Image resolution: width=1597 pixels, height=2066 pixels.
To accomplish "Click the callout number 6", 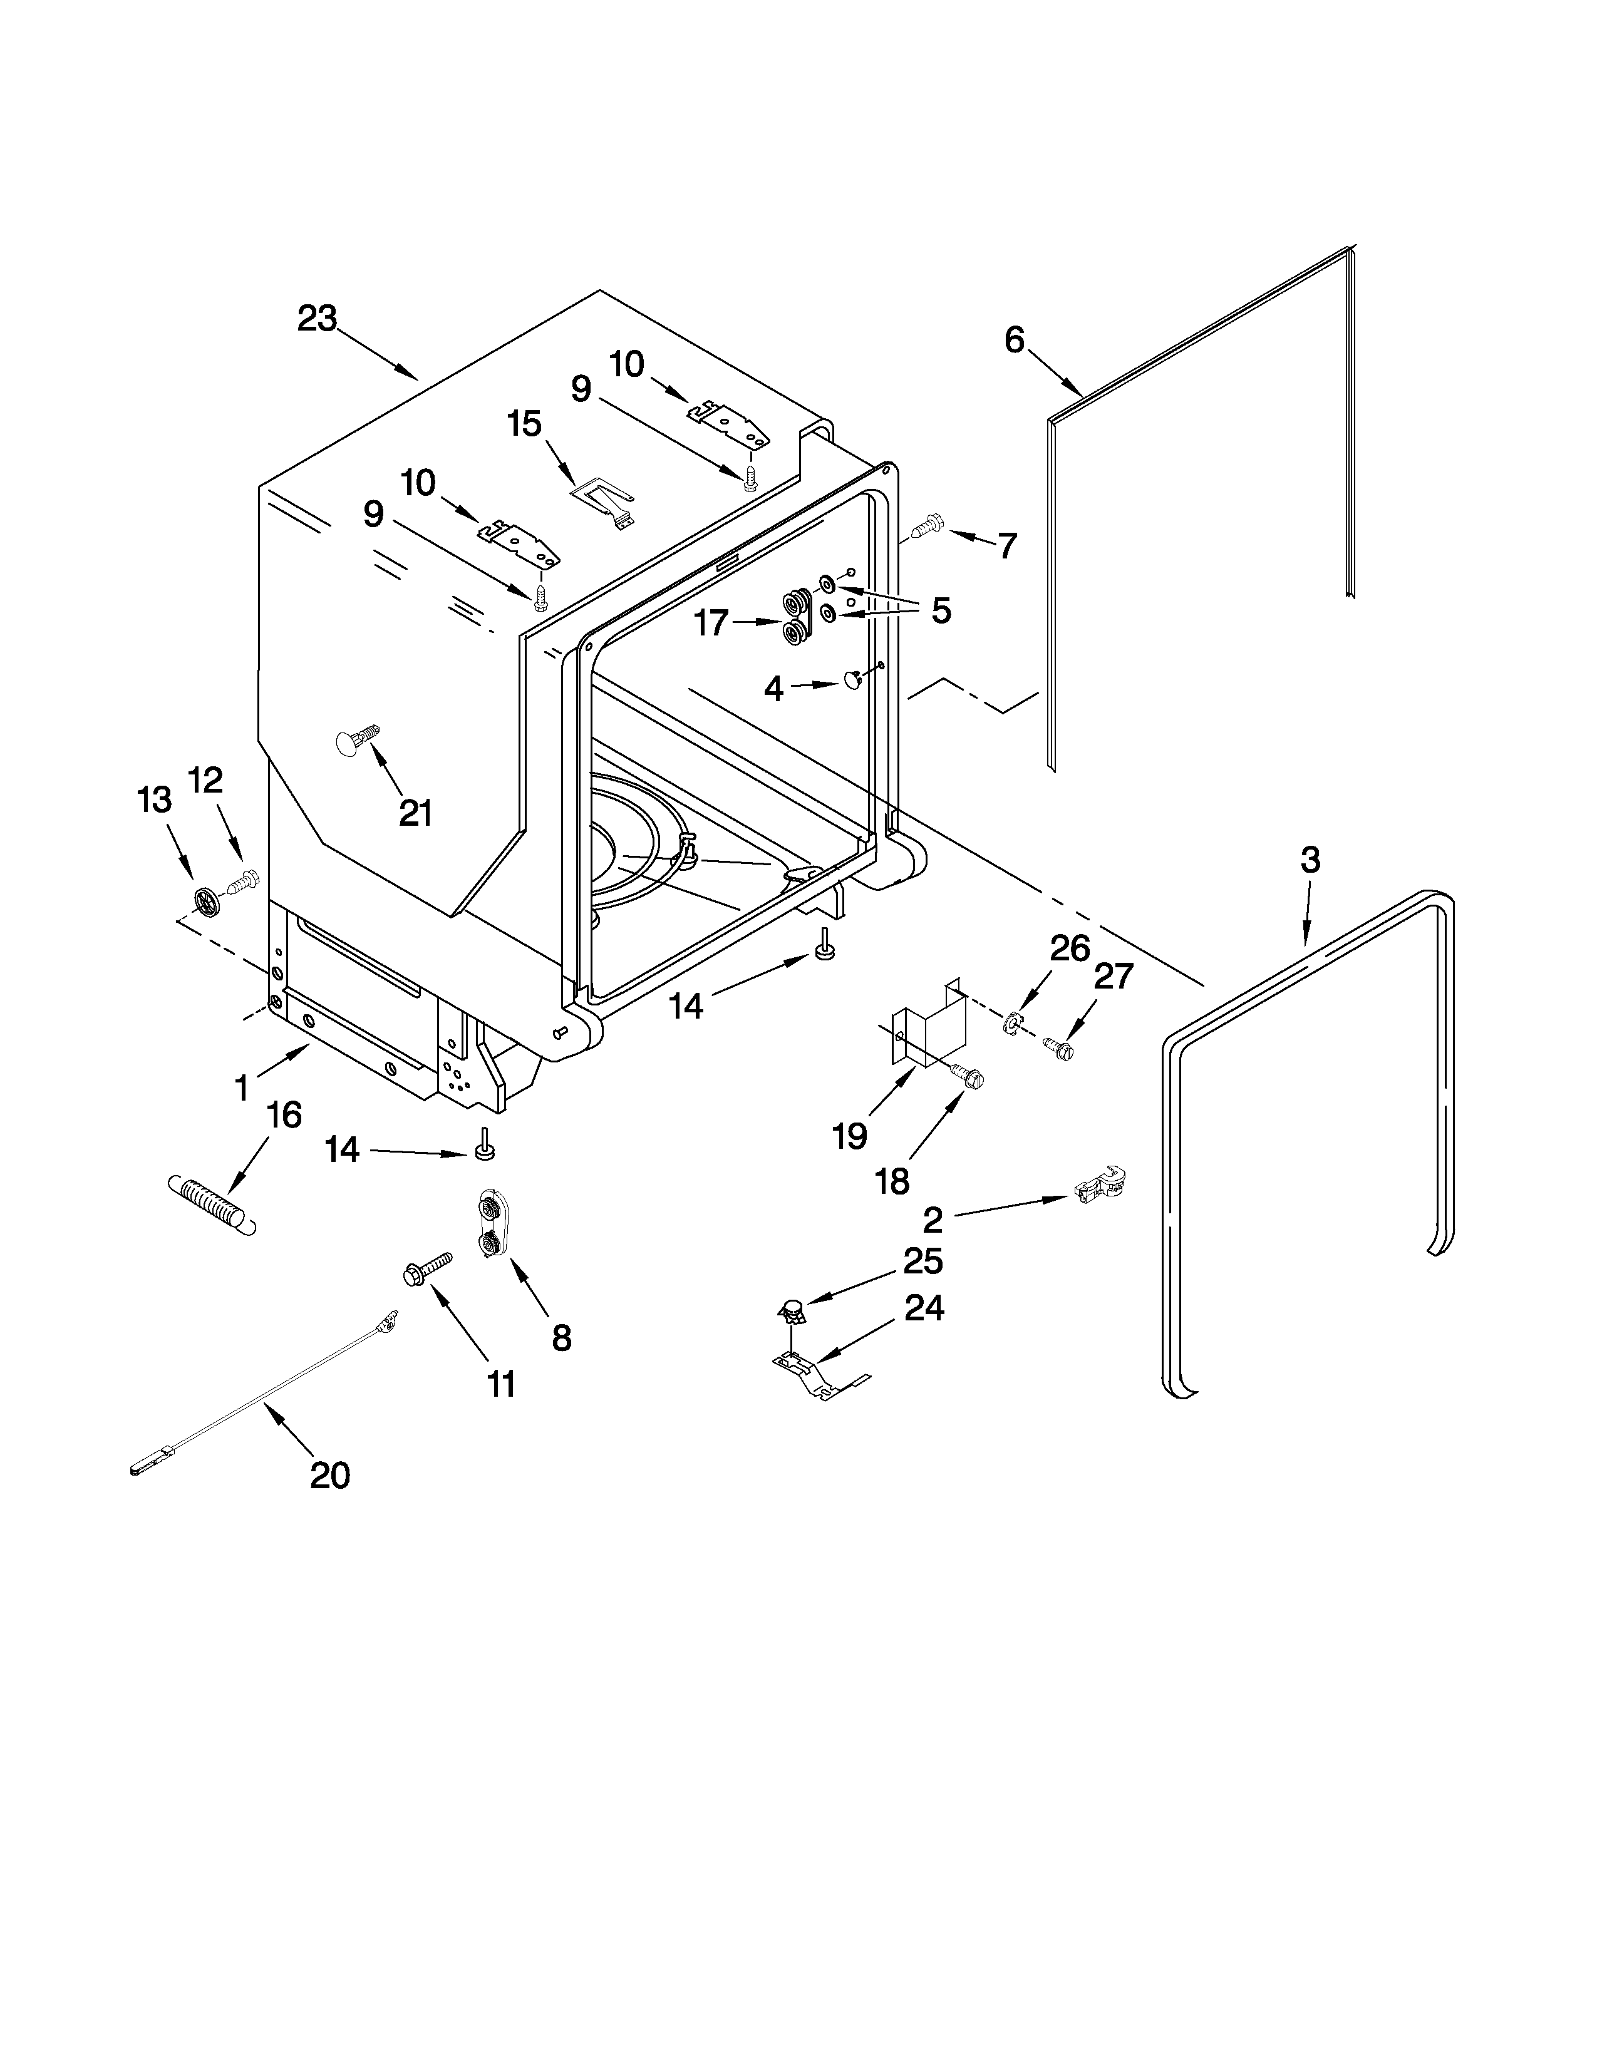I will pyautogui.click(x=1014, y=339).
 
